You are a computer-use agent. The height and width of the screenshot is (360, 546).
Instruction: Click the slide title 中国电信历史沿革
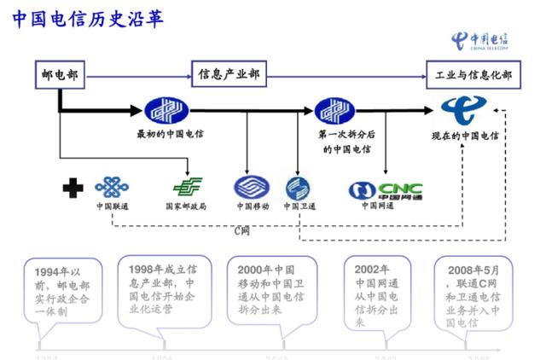[x=89, y=19]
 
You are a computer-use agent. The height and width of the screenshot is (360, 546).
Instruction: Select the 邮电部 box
[x=59, y=75]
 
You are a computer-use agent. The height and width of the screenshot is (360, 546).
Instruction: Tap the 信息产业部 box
[x=226, y=75]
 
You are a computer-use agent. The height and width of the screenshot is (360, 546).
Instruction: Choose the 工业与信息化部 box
[x=473, y=75]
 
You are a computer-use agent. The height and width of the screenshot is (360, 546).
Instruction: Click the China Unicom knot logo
[x=112, y=187]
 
